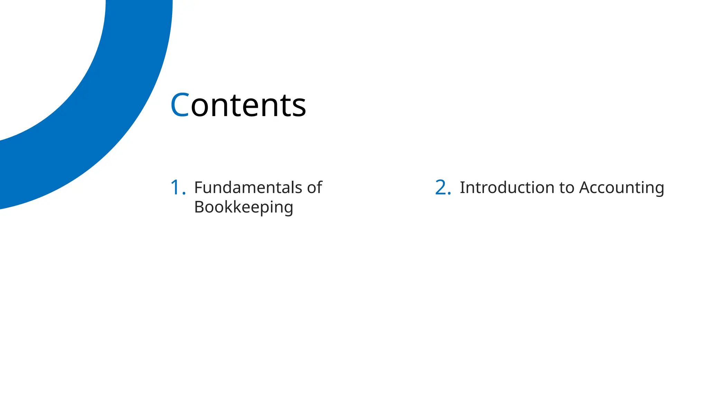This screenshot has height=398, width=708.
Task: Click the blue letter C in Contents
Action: tap(179, 105)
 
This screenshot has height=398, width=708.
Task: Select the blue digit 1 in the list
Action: tap(175, 188)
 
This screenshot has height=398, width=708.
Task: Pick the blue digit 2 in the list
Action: tap(440, 188)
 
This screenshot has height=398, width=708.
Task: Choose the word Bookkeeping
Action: tap(244, 207)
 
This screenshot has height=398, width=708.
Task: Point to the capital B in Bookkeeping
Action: tap(199, 207)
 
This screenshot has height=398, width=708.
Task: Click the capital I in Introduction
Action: tap(462, 188)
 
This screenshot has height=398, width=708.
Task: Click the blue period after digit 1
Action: tap(184, 193)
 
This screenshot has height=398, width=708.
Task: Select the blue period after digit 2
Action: tap(449, 193)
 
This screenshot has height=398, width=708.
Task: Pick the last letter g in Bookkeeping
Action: tap(288, 209)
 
